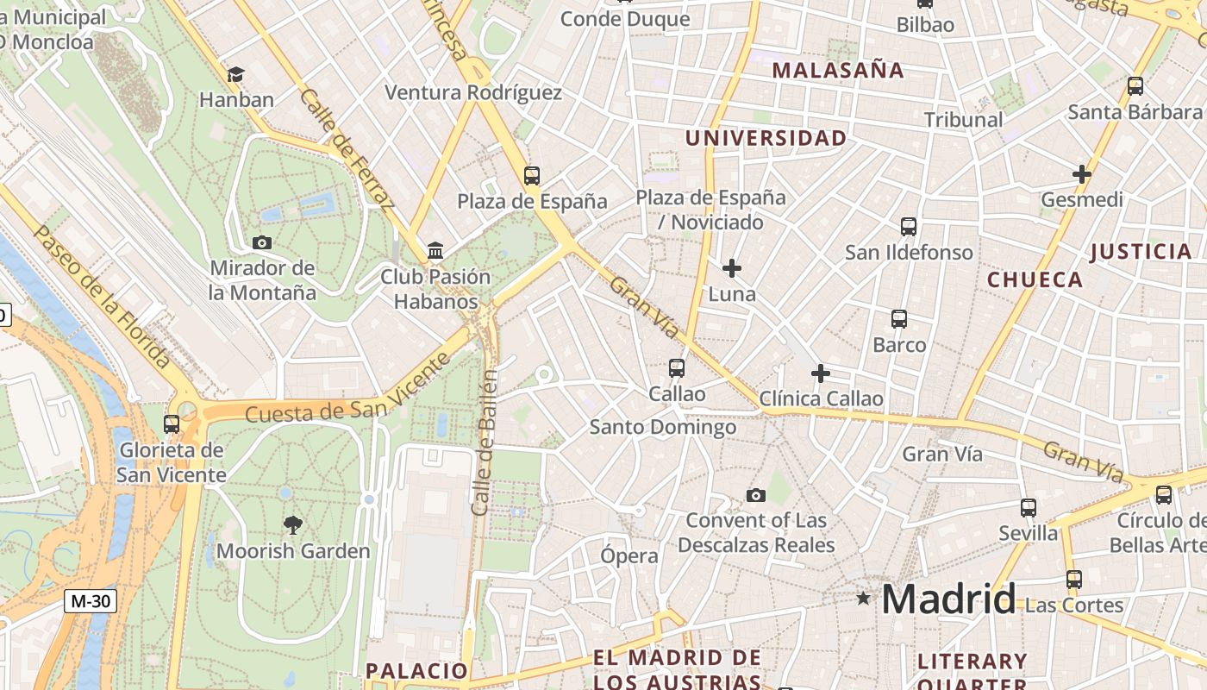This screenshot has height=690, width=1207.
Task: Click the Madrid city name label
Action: click(948, 599)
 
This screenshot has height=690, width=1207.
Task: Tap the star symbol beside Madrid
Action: click(863, 598)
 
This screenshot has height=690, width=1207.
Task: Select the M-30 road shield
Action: click(90, 600)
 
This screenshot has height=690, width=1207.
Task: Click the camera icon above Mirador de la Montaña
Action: click(262, 243)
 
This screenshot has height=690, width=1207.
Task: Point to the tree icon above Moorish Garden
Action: click(293, 524)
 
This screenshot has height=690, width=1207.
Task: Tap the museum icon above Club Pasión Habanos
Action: click(435, 251)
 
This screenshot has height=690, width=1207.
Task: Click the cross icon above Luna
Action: click(732, 268)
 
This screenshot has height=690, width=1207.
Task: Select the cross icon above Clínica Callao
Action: click(821, 373)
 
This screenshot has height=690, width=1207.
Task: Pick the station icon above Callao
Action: click(677, 368)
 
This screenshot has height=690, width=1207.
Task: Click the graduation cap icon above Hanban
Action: click(236, 75)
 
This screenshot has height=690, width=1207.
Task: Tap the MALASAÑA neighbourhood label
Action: click(838, 71)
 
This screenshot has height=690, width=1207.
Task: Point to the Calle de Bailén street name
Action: click(485, 442)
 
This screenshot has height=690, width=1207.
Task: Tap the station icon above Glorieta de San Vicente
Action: click(172, 423)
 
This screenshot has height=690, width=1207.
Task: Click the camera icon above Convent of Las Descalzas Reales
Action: click(756, 495)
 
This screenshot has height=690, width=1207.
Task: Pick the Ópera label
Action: click(629, 556)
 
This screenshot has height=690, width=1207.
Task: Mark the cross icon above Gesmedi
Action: click(1081, 174)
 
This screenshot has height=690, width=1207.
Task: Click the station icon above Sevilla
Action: click(1028, 508)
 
